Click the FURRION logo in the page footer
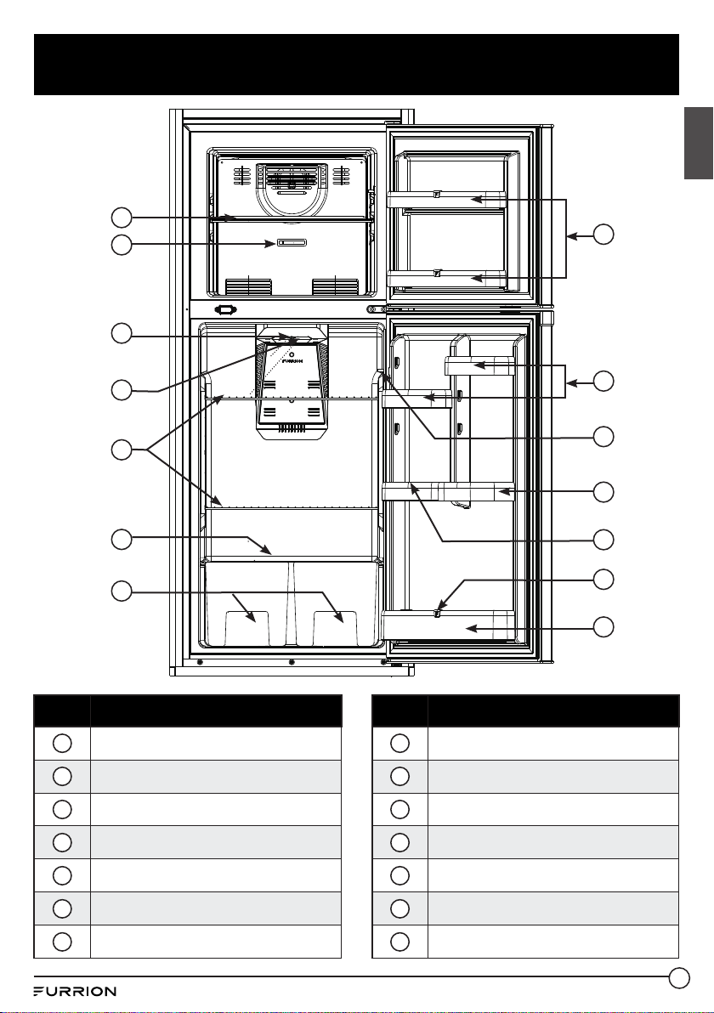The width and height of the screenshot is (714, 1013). [75, 991]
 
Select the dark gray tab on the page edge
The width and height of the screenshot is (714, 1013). [700, 143]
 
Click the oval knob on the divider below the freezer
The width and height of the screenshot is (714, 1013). [225, 310]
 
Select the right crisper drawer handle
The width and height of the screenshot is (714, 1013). [336, 626]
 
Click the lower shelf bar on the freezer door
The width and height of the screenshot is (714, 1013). [446, 278]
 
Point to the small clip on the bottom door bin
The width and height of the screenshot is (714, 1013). [438, 612]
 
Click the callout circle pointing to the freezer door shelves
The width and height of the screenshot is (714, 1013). [603, 234]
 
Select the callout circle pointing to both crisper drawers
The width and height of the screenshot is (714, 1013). [122, 591]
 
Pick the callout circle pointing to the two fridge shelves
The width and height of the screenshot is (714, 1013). [122, 450]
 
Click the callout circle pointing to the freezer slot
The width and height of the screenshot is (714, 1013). [122, 245]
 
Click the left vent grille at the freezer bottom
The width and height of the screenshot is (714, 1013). [248, 286]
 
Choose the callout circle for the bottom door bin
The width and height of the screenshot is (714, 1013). [603, 626]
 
